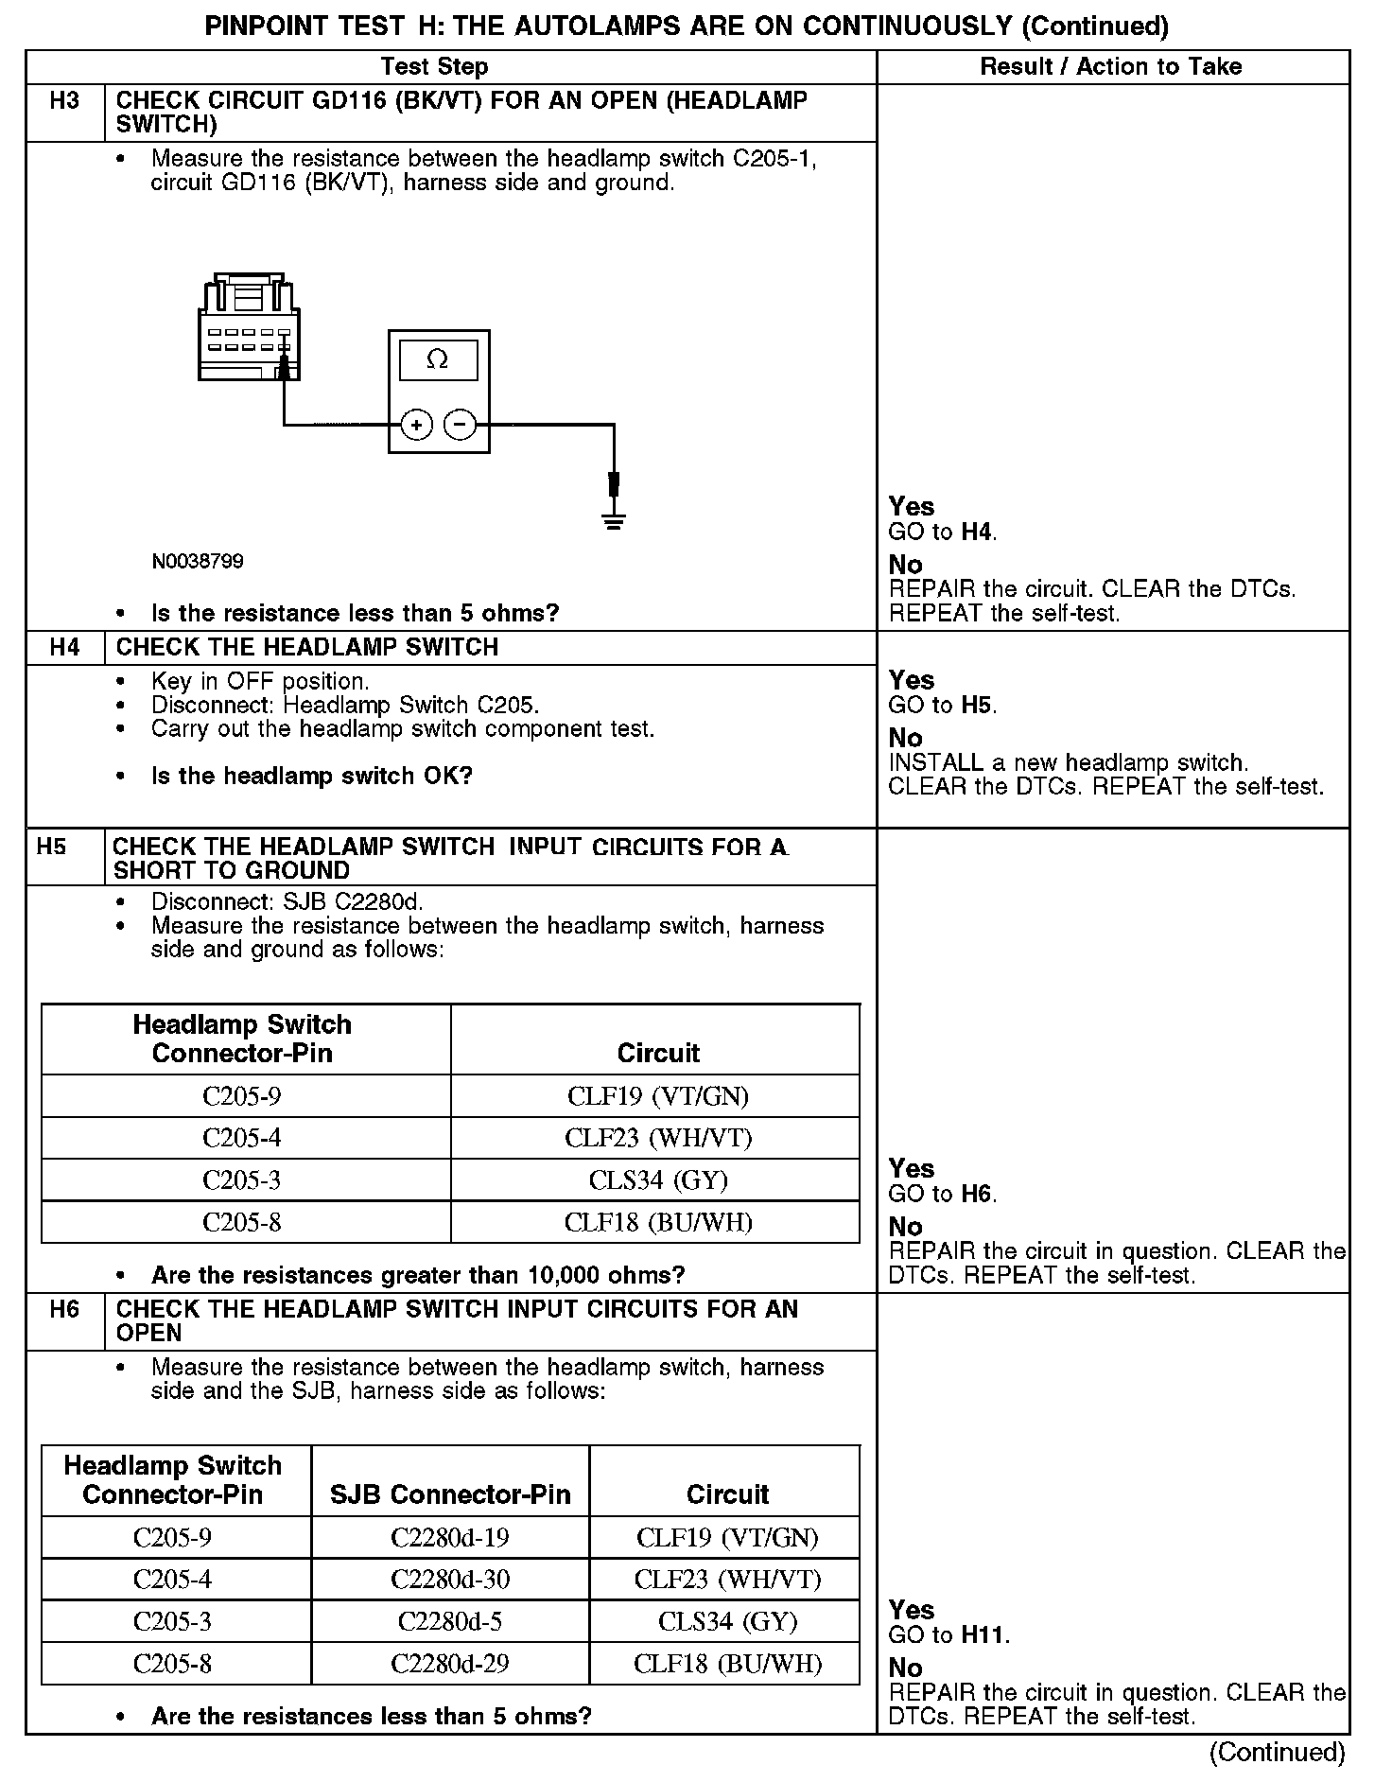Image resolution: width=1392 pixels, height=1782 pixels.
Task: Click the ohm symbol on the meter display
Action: (438, 359)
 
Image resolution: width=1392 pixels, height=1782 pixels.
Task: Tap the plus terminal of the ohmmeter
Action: (416, 425)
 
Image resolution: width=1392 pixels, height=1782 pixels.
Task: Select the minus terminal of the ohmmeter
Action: (461, 425)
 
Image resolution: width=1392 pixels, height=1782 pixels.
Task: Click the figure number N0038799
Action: (198, 562)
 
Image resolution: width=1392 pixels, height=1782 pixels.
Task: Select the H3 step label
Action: (64, 100)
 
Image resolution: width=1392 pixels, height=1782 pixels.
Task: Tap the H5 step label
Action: (52, 847)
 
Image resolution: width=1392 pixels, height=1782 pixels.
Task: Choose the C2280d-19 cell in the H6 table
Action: (449, 1537)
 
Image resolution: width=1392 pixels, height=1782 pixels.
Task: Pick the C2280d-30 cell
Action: (449, 1579)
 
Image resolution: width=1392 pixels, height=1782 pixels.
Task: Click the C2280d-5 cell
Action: (449, 1621)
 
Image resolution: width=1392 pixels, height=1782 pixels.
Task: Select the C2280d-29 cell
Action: (449, 1663)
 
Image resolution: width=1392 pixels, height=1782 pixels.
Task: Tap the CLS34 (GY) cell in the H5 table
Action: (658, 1180)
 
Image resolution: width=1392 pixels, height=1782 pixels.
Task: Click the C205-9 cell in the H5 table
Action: (242, 1096)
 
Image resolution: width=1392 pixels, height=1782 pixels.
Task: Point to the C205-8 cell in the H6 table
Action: (172, 1663)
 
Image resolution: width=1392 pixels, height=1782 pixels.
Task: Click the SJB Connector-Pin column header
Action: (450, 1494)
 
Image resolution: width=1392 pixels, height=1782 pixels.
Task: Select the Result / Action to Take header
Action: (1111, 66)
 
